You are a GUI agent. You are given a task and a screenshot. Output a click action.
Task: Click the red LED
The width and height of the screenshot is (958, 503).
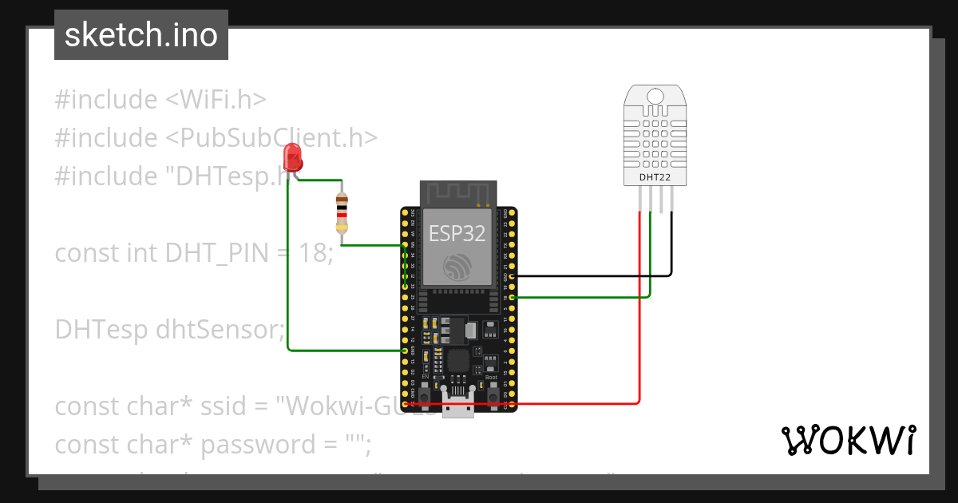point(293,156)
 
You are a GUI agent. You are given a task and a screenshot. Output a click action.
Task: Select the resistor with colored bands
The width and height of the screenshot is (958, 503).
point(342,212)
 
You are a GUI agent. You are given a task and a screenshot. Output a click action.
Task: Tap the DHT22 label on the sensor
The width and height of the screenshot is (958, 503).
point(655,177)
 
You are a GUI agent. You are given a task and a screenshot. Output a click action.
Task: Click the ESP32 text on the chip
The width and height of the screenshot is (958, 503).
point(456,232)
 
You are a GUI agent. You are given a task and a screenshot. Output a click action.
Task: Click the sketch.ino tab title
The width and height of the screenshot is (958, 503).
point(141,35)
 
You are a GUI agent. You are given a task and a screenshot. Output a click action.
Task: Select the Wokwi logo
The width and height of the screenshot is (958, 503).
point(847,440)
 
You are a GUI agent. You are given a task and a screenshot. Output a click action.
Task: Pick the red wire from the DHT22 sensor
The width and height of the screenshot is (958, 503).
point(639,319)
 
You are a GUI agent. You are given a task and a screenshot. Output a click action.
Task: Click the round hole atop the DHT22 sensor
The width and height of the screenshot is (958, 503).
point(655,97)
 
